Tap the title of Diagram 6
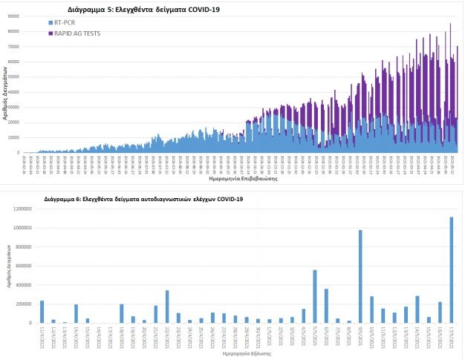[143, 199]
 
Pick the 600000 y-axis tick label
[25, 266]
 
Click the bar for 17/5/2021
[451, 269]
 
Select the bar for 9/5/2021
[360, 276]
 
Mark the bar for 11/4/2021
[42, 312]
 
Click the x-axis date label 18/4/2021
[122, 338]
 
